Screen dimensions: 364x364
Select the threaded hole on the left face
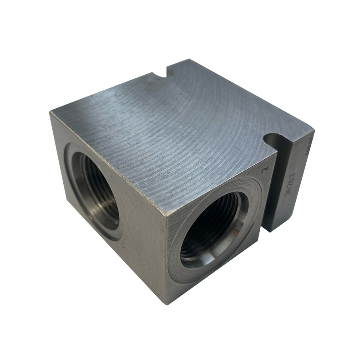point(98,191)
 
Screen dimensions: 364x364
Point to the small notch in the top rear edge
point(160,73)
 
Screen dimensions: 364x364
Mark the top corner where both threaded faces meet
point(167,214)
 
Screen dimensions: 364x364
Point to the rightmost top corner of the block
point(313,132)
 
